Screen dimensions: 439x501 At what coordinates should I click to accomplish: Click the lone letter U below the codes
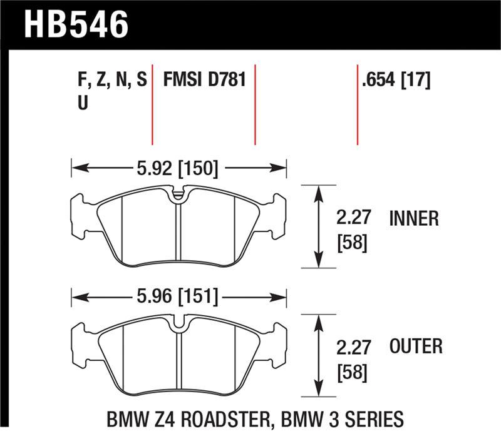coord(82,104)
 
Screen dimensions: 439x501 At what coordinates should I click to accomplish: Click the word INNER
coord(414,218)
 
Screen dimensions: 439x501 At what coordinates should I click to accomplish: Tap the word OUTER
coord(416,346)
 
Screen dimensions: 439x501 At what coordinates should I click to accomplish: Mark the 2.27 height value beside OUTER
coord(354,346)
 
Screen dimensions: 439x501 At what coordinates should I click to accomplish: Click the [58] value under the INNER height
coord(352,243)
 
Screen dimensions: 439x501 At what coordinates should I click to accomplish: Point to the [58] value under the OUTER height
coord(352,372)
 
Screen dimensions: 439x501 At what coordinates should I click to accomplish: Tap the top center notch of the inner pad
coord(178,194)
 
